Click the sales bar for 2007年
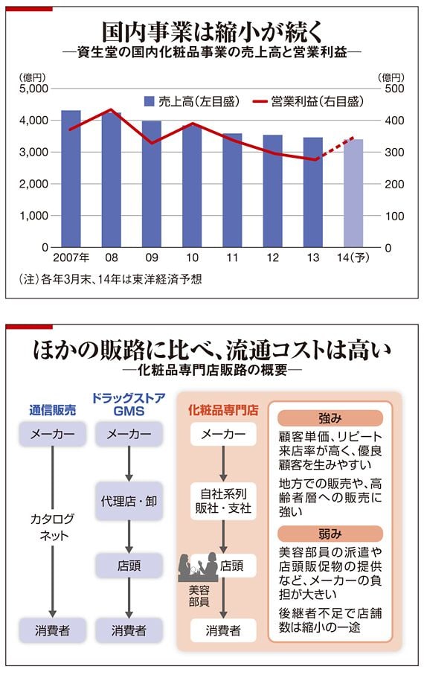[x=71, y=179]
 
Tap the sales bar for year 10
[x=192, y=186]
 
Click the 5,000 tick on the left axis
[x=33, y=88]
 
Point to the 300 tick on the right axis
[x=394, y=152]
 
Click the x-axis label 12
[x=272, y=258]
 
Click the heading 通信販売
[x=52, y=410]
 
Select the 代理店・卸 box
[x=129, y=500]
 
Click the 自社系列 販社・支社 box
[x=224, y=500]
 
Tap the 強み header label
[x=330, y=418]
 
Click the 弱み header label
[x=330, y=533]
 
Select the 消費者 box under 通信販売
[x=52, y=630]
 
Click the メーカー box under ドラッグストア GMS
[x=129, y=435]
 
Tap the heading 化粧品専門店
[x=224, y=410]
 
